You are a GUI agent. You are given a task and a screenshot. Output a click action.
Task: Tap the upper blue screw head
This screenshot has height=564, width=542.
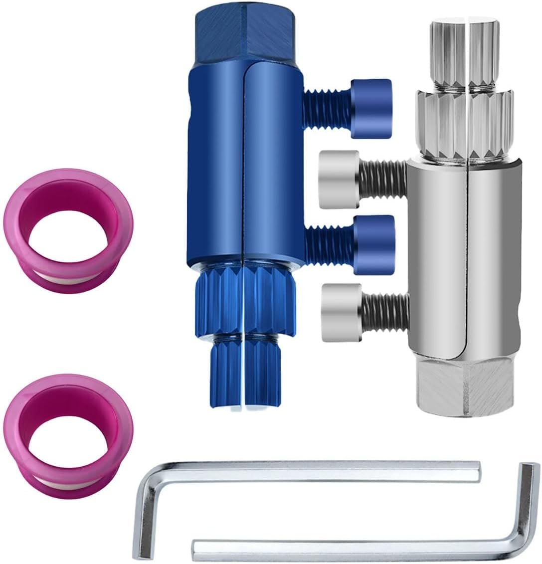(371, 108)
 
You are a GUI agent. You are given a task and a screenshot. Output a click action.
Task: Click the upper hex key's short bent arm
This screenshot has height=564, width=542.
(145, 514)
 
